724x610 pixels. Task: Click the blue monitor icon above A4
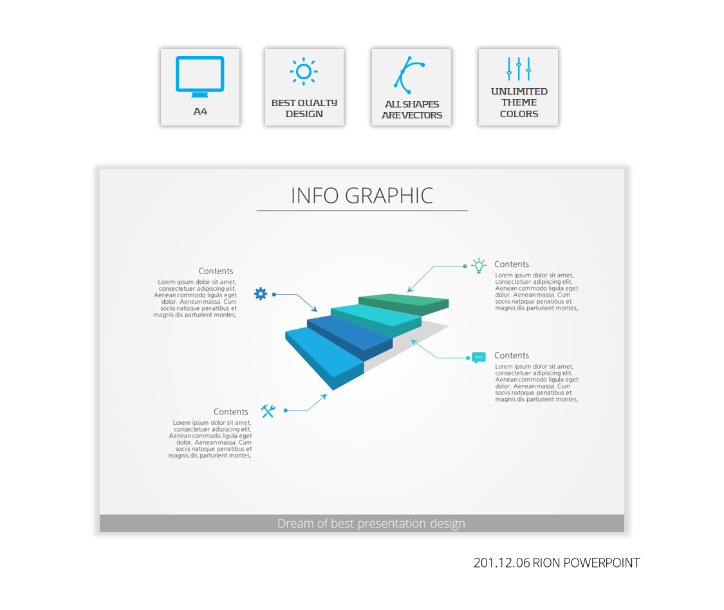point(200,76)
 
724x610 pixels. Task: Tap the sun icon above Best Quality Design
point(304,71)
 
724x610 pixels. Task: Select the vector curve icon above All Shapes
point(409,75)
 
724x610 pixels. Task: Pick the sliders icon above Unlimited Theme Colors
point(519,69)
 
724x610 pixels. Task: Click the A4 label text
point(200,111)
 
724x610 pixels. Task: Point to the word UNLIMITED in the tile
point(519,91)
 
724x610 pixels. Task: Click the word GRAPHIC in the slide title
point(389,196)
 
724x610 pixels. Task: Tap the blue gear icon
point(261,293)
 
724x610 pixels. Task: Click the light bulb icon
point(479,266)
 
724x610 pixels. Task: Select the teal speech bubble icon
point(479,357)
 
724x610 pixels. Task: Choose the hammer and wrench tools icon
point(268,411)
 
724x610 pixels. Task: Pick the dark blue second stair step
point(349,337)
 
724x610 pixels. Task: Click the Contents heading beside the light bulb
point(512,264)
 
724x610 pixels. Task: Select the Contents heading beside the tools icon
point(231,411)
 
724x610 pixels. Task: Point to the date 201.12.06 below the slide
point(502,563)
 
